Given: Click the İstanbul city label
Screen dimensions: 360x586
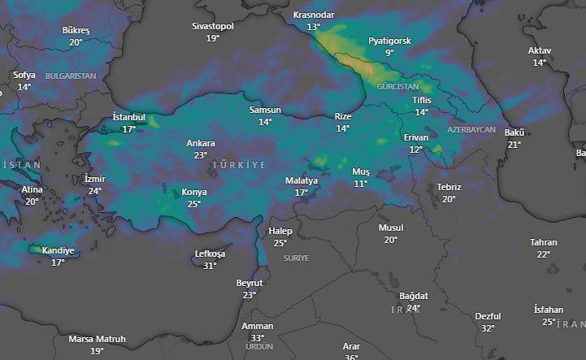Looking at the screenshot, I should tap(128, 118).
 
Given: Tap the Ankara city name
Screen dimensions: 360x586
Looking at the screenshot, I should tap(201, 143).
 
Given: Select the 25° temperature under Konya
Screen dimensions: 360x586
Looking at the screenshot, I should tap(194, 204).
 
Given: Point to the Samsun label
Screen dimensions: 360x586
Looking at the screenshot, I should tap(265, 110).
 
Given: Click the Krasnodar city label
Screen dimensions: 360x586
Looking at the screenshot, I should tap(313, 15).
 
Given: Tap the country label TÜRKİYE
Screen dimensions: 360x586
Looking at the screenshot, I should tap(239, 165).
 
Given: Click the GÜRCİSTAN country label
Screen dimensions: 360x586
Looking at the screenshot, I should tap(397, 86).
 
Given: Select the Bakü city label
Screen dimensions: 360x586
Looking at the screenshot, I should tap(514, 132).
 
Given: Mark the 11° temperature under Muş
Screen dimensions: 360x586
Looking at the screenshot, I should tap(360, 184).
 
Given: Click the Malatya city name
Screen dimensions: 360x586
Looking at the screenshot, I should tap(302, 180).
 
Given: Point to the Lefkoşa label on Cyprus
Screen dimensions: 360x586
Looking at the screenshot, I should tap(210, 254).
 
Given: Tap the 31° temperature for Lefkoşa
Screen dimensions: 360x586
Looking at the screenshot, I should tap(210, 265).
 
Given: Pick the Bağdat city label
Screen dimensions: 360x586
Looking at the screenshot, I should tap(413, 296).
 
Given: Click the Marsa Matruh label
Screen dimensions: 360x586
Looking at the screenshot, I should tap(97, 339).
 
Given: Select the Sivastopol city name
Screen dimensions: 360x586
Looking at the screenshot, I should tap(213, 26).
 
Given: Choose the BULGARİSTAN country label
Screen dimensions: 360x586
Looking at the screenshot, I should tap(71, 76).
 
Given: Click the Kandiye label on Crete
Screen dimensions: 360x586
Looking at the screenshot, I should tap(58, 251).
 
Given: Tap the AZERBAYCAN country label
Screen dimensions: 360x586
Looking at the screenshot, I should tap(471, 130).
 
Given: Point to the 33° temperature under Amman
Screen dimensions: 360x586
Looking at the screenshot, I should tap(258, 337).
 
